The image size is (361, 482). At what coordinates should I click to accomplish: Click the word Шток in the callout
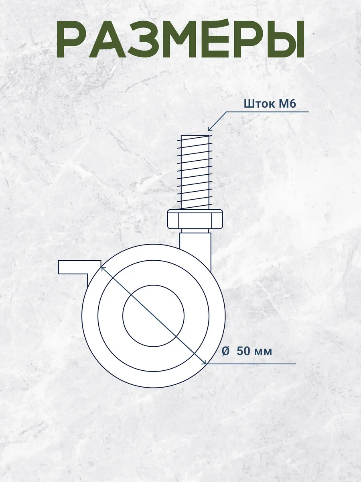[259, 104]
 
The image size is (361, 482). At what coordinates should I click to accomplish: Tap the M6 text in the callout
[287, 104]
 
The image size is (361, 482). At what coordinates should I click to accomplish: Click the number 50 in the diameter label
[243, 351]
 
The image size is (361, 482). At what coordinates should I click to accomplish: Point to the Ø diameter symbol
[225, 351]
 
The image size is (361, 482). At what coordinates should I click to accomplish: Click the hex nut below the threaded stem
[195, 219]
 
